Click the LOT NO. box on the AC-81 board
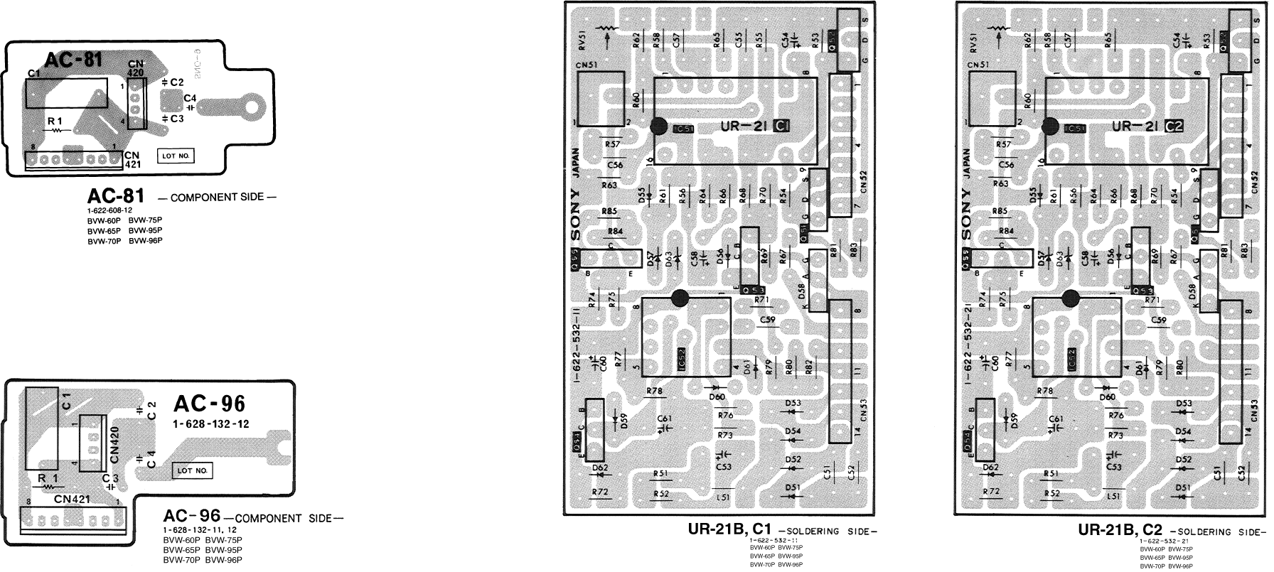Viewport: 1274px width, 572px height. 176,155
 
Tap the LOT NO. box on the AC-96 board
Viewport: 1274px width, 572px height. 193,470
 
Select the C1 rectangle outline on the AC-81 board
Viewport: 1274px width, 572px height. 66,93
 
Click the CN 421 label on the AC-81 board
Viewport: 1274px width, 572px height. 133,160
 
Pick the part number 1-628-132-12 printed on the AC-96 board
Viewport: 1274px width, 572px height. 210,424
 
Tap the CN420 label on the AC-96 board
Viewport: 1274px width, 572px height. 114,444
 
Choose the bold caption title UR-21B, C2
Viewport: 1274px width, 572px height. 1120,530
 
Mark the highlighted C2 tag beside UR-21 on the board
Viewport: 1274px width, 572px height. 1174,126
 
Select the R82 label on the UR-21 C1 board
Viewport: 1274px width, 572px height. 808,367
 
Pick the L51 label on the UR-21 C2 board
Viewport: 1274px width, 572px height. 1114,496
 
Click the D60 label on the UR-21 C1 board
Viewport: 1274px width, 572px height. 717,397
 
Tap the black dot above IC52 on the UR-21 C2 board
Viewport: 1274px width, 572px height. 1070,298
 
